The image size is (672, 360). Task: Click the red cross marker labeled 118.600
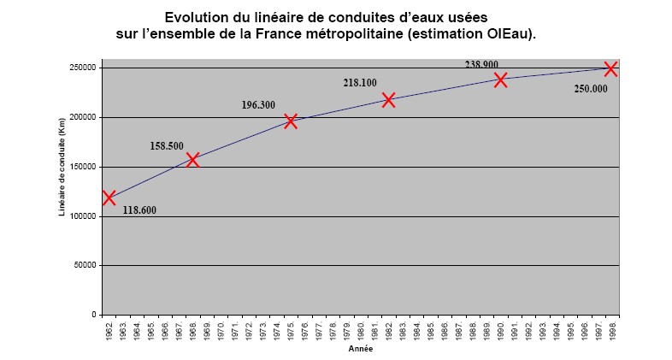point(109,198)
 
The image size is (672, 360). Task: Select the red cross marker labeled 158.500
point(193,159)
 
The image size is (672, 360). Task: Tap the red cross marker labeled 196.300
point(291,121)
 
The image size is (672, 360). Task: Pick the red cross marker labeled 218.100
point(389,100)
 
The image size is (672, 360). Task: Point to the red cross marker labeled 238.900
point(501,80)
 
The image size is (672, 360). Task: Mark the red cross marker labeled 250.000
point(611,68)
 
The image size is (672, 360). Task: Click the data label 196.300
point(258,105)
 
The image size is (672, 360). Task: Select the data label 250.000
point(591,88)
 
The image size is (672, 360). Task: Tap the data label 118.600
point(139,210)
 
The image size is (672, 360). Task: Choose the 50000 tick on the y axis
point(85,266)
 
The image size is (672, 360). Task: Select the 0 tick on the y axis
point(93,315)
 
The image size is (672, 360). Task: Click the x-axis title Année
point(360,349)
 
